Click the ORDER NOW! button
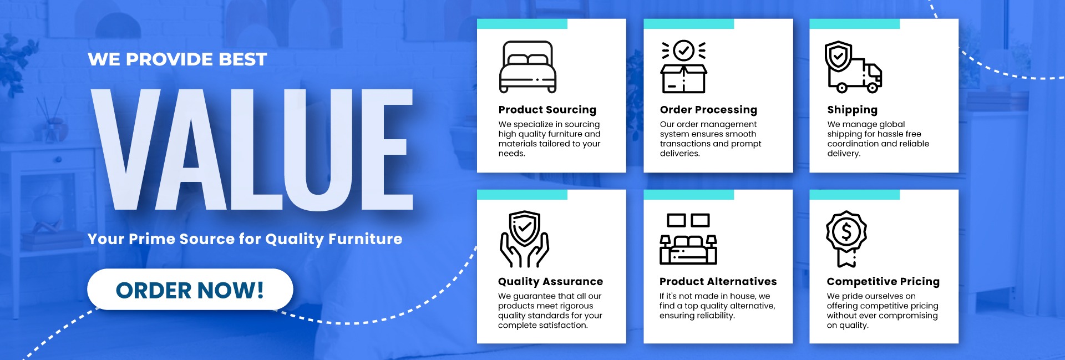pyautogui.click(x=190, y=290)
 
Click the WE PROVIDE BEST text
pyautogui.click(x=177, y=59)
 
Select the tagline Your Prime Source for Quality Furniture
pyautogui.click(x=245, y=239)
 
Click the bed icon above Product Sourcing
pyautogui.click(x=528, y=67)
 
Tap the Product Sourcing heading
pyautogui.click(x=547, y=110)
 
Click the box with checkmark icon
pyautogui.click(x=683, y=67)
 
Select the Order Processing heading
pyautogui.click(x=708, y=110)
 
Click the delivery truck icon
pyautogui.click(x=853, y=67)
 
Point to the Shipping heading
pyautogui.click(x=852, y=110)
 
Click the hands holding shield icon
pyautogui.click(x=524, y=239)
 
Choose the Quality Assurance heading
pyautogui.click(x=550, y=282)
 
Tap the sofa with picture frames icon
pyautogui.click(x=688, y=239)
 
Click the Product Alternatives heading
pyautogui.click(x=718, y=282)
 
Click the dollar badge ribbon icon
pyautogui.click(x=846, y=239)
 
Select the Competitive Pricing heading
pyautogui.click(x=883, y=282)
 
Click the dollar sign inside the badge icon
pyautogui.click(x=846, y=231)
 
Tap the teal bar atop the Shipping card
pyautogui.click(x=854, y=24)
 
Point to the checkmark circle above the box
pyautogui.click(x=683, y=51)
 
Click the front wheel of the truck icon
pyautogui.click(x=873, y=87)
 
